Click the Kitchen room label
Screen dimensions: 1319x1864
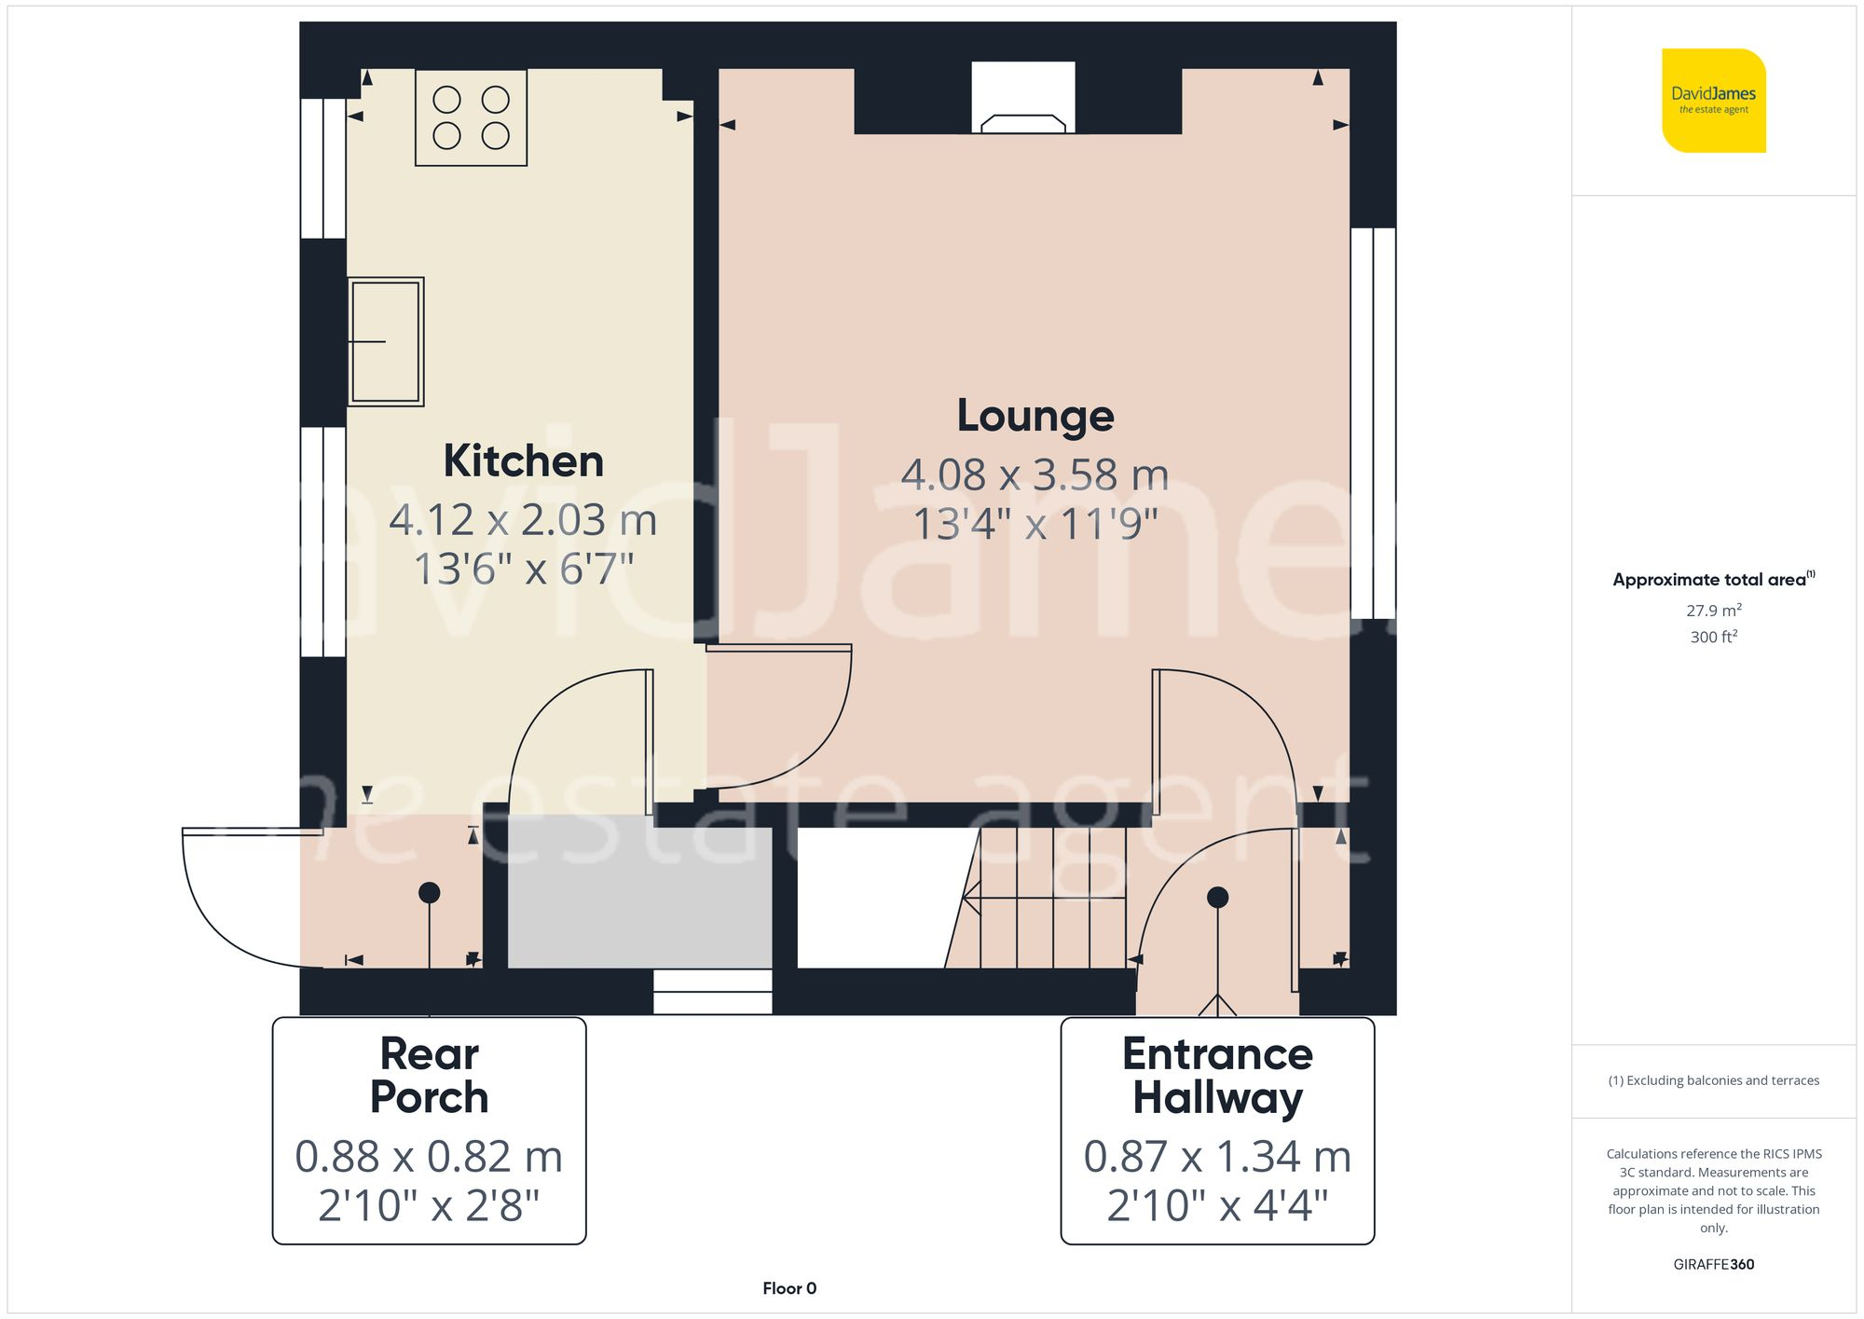click(x=523, y=461)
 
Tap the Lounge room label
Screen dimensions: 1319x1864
click(x=1035, y=416)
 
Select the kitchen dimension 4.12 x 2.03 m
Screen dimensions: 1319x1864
click(x=523, y=520)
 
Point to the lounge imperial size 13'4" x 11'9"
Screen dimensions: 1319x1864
click(x=1035, y=524)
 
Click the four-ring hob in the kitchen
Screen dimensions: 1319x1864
click(x=471, y=117)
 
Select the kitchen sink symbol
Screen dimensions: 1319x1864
click(x=386, y=341)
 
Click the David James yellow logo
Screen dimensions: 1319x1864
click(x=1713, y=101)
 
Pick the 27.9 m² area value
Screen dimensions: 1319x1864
click(x=1713, y=611)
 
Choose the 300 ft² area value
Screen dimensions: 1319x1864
click(x=1713, y=637)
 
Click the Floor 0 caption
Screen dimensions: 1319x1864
click(x=788, y=1288)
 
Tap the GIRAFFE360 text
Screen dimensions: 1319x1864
click(x=1713, y=1264)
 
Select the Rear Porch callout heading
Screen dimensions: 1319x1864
click(x=429, y=1075)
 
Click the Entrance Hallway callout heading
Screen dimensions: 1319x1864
click(x=1217, y=1075)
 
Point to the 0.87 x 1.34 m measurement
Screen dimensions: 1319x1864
click(x=1217, y=1157)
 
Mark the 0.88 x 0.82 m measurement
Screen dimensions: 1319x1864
click(x=429, y=1157)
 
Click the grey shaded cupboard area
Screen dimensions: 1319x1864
click(x=639, y=892)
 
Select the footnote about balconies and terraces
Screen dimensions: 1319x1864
click(x=1713, y=1080)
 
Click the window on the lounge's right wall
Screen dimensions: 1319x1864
click(x=1373, y=423)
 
